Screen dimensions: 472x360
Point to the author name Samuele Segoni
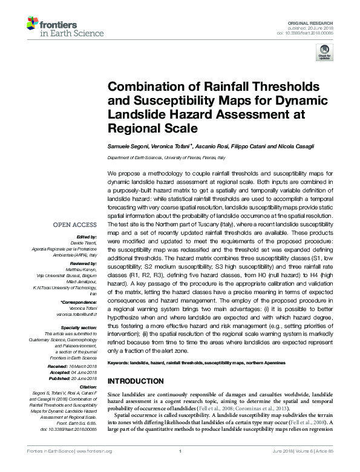click(126, 148)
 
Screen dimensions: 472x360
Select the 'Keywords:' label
click(119, 362)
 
